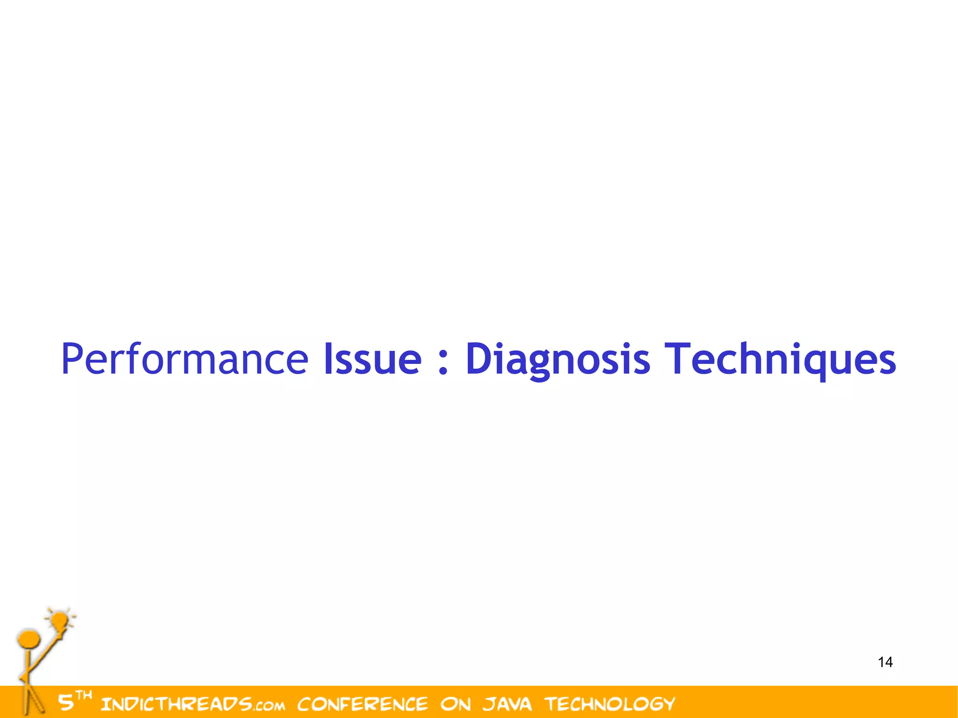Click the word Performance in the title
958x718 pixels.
pyautogui.click(x=184, y=359)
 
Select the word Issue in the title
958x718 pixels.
pyautogui.click(x=372, y=359)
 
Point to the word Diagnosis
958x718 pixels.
pyautogui.click(x=558, y=359)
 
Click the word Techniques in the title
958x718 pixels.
pyautogui.click(x=780, y=359)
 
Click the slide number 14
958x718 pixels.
pyautogui.click(x=885, y=662)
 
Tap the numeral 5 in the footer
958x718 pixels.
pyautogui.click(x=66, y=703)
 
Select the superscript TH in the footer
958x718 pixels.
pyautogui.click(x=84, y=695)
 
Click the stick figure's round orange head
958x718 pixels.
pyautogui.click(x=28, y=640)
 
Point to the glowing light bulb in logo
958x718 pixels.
pyautogui.click(x=60, y=621)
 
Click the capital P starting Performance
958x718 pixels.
pyautogui.click(x=73, y=359)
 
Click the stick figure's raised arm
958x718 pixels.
pyautogui.click(x=47, y=651)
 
